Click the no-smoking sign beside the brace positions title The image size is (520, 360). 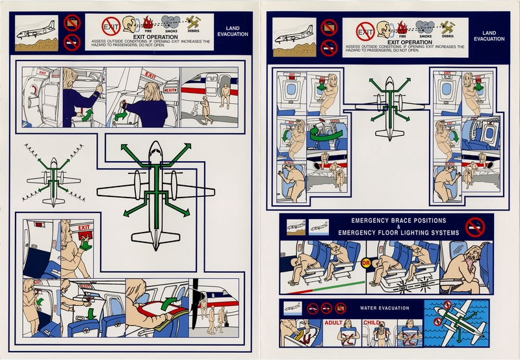(475, 227)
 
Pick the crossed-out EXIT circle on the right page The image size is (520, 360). (366, 30)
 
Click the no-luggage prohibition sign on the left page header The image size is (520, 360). (73, 21)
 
